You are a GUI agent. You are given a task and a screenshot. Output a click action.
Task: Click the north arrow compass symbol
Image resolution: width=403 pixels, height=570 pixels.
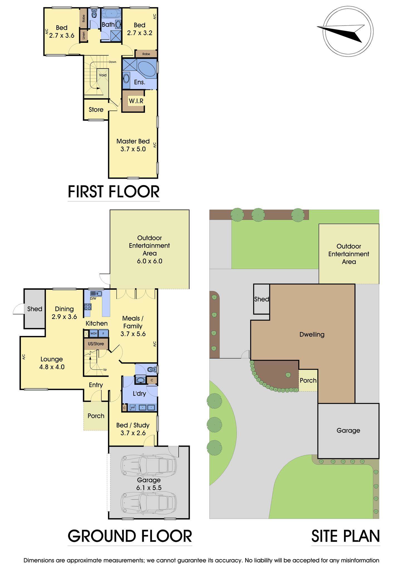348,31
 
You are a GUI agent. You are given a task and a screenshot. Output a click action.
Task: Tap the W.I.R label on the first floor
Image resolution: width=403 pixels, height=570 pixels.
136,101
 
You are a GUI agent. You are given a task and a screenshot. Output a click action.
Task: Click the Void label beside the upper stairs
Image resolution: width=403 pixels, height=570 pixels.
103,75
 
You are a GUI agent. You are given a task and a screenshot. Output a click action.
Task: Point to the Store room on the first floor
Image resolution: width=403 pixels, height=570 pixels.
96,110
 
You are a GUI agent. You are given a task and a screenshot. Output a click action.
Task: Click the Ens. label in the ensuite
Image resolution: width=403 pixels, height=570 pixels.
139,82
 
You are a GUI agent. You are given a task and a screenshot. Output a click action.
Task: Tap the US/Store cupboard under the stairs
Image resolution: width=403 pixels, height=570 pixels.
96,344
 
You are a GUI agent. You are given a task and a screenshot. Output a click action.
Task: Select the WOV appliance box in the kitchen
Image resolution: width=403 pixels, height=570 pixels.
94,333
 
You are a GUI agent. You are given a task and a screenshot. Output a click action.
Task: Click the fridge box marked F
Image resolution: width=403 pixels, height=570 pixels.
104,333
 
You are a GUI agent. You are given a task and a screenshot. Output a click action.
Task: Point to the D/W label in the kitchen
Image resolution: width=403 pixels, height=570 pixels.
93,299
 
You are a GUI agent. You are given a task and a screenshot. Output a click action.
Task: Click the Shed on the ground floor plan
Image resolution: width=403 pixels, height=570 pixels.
35,309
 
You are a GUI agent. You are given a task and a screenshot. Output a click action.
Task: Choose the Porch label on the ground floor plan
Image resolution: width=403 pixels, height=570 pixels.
96,416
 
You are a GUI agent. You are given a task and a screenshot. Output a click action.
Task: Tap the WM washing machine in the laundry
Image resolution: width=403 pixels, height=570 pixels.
133,408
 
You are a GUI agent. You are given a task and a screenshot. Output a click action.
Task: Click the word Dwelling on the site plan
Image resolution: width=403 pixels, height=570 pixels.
312,335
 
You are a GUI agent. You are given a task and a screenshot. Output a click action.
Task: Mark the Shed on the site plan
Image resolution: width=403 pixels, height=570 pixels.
261,299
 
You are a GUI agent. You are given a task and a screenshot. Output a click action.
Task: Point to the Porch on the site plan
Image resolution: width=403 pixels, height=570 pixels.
308,380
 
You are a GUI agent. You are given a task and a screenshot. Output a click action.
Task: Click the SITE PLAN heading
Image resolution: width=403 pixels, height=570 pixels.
345,536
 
